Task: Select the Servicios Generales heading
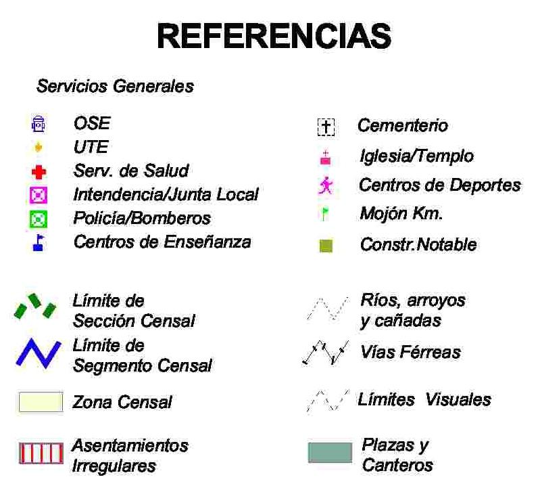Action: [115, 87]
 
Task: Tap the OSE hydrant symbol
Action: [39, 124]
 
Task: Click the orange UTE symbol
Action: [39, 147]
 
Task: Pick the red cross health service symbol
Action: [39, 172]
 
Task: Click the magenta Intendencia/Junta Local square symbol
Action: [39, 196]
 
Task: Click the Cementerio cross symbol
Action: [326, 127]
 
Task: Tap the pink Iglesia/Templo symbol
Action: [325, 158]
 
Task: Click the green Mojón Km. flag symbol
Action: [325, 215]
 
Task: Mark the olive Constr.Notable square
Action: [326, 246]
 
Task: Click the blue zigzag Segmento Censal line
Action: [39, 353]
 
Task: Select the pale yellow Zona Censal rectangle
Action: [41, 402]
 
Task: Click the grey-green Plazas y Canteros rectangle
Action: [330, 453]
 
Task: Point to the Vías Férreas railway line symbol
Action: [326, 353]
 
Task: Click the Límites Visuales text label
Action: [424, 400]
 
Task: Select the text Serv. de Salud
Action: [130, 171]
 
